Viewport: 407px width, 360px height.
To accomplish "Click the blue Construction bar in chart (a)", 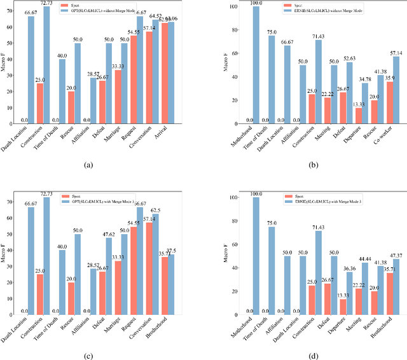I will [x=46, y=64].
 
